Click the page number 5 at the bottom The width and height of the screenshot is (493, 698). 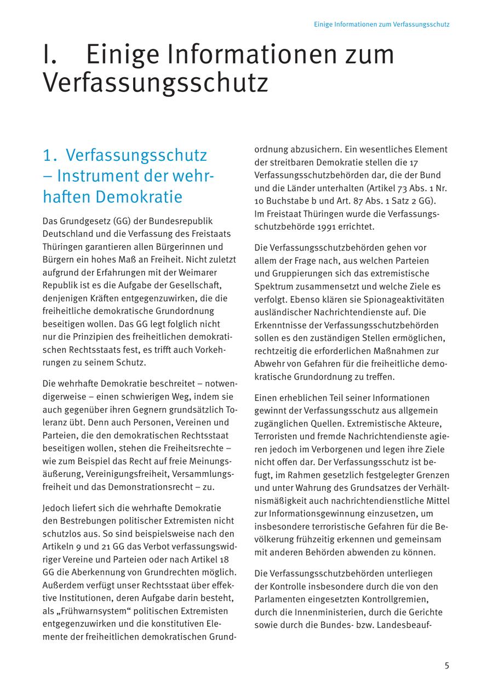(447, 666)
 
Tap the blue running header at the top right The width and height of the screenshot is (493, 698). (382, 25)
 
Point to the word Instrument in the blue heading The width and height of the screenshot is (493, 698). (96, 176)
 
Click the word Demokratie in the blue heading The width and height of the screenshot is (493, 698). (139, 196)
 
